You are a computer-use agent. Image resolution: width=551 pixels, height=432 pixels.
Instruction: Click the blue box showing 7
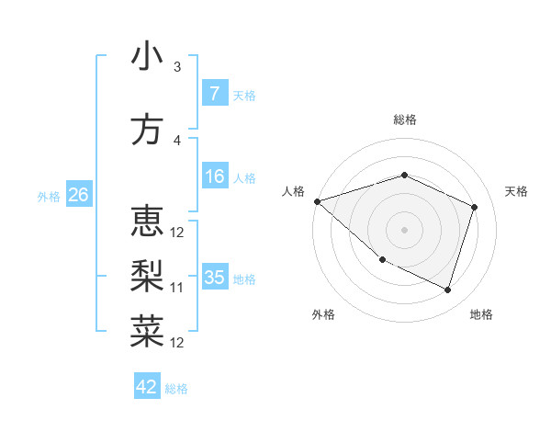coord(214,93)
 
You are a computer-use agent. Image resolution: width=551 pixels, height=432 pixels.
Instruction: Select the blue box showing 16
coord(214,176)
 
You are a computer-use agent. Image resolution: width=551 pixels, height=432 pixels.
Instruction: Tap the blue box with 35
coord(214,278)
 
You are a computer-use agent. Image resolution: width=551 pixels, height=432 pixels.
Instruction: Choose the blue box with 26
coord(78,194)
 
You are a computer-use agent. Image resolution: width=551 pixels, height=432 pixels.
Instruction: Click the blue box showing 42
coord(147,387)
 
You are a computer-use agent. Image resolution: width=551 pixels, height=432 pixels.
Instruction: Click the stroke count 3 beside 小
coord(177,67)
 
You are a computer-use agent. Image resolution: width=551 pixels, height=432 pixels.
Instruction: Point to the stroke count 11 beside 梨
coord(177,288)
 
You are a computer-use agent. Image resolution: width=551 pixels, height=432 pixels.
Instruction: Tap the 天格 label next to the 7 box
coord(244,95)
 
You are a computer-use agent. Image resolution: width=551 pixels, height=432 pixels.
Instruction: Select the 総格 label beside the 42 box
coord(176,389)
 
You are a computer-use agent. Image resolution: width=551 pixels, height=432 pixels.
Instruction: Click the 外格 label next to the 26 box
coord(49,196)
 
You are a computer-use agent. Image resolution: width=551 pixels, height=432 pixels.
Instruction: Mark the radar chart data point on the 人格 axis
coord(317,200)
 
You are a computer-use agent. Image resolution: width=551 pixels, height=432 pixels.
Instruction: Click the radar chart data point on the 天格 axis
coord(475,207)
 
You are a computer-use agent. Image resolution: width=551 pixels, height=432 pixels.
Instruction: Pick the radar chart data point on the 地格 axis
coord(447,290)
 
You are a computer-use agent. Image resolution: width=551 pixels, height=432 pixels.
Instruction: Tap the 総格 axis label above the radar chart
coord(404,119)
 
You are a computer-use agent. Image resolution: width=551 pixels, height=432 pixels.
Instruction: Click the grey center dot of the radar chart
coord(404,230)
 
